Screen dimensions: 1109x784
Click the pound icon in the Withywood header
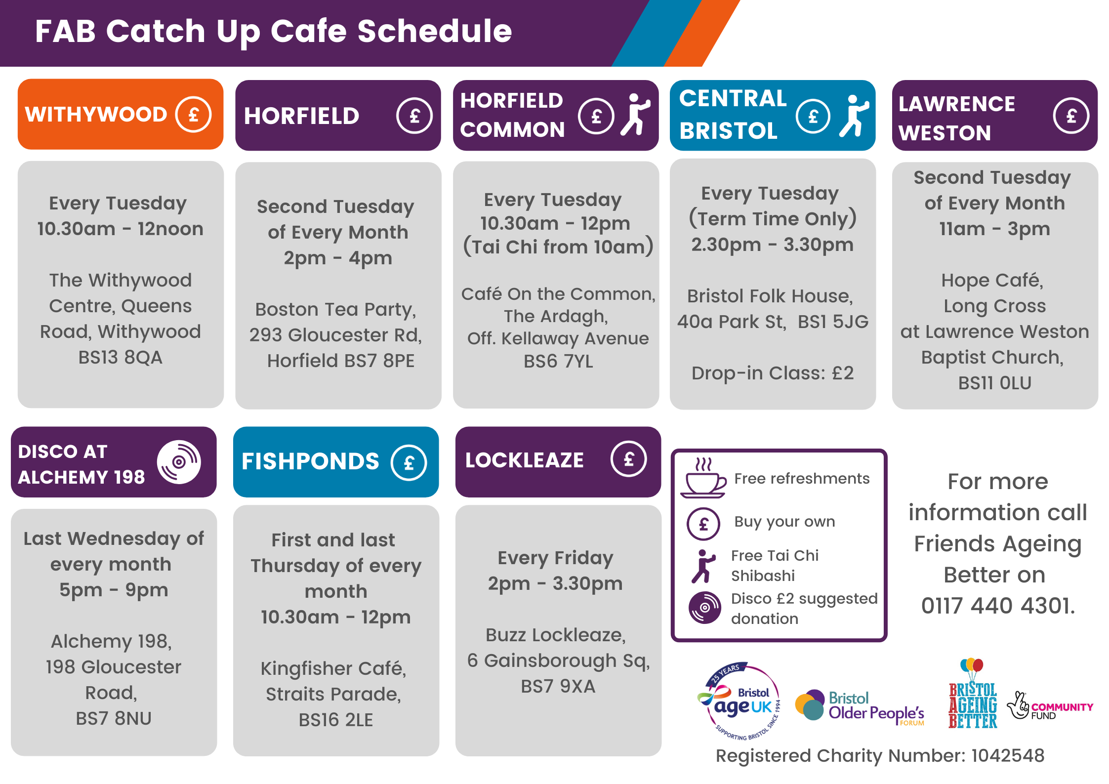(194, 115)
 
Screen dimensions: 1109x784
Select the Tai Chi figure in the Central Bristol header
(854, 116)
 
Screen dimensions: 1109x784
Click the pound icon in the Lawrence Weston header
(1071, 116)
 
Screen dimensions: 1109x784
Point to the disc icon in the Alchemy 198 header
(179, 462)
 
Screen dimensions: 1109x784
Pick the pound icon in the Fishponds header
(409, 463)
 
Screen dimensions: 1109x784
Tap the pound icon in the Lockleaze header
(628, 459)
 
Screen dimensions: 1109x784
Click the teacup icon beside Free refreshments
(703, 478)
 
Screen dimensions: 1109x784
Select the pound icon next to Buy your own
(703, 524)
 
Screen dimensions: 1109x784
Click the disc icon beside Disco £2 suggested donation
(705, 608)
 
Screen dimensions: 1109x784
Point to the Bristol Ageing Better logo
(973, 694)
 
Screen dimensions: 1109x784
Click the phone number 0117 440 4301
(997, 606)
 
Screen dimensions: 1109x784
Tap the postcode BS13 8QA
(121, 357)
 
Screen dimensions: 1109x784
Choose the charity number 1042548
(1008, 755)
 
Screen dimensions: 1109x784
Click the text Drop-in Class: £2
(773, 373)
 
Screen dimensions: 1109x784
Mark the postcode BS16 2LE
(336, 720)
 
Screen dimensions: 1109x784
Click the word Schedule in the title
(435, 31)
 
